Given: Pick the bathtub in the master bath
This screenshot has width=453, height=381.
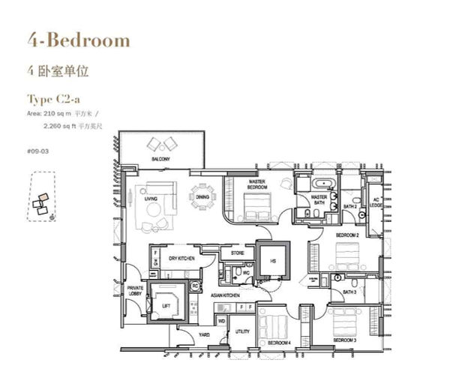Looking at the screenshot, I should pyautogui.click(x=325, y=184).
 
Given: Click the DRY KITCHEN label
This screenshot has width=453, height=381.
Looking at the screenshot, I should pyautogui.click(x=182, y=258).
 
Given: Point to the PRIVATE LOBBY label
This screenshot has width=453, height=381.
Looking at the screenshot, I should pyautogui.click(x=135, y=291).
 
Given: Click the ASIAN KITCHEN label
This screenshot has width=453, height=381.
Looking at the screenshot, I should pyautogui.click(x=226, y=295).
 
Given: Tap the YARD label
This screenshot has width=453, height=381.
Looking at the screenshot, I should pyautogui.click(x=203, y=334).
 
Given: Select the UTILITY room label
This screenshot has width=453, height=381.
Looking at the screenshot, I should pyautogui.click(x=242, y=331).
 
